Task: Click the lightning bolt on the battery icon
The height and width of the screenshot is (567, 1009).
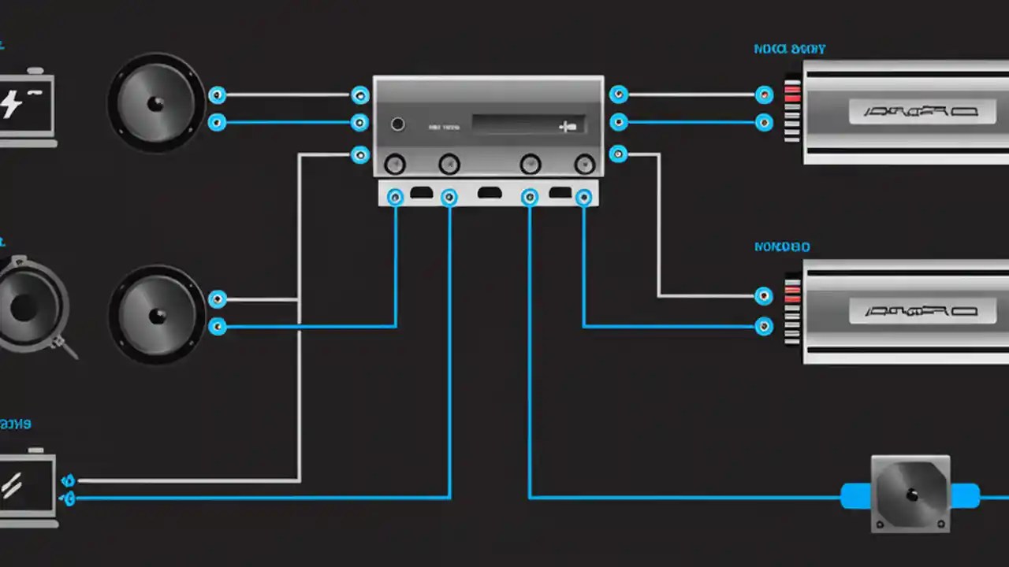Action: [11, 103]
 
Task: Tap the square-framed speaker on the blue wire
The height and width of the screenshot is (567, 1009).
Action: [910, 494]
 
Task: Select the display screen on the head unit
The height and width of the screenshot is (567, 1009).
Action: [527, 124]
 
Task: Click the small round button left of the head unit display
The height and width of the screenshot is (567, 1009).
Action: [398, 124]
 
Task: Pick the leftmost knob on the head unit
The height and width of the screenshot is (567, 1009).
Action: [395, 164]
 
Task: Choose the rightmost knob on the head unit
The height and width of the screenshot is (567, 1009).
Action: [584, 164]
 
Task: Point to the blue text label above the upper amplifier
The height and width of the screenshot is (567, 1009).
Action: [789, 50]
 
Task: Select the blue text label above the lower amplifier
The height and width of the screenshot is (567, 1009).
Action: [782, 247]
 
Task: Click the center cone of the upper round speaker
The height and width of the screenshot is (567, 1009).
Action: [156, 103]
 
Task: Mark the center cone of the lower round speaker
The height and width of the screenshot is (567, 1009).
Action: [157, 315]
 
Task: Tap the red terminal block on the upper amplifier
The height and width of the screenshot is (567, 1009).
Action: [792, 94]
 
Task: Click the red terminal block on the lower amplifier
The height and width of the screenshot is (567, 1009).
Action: [792, 295]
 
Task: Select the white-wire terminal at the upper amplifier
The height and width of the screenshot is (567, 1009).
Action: [764, 95]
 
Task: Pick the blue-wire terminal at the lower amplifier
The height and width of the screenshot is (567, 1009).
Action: [764, 326]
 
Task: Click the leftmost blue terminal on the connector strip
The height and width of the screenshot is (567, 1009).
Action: [396, 197]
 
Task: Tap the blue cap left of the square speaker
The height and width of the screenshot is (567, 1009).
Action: [856, 496]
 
